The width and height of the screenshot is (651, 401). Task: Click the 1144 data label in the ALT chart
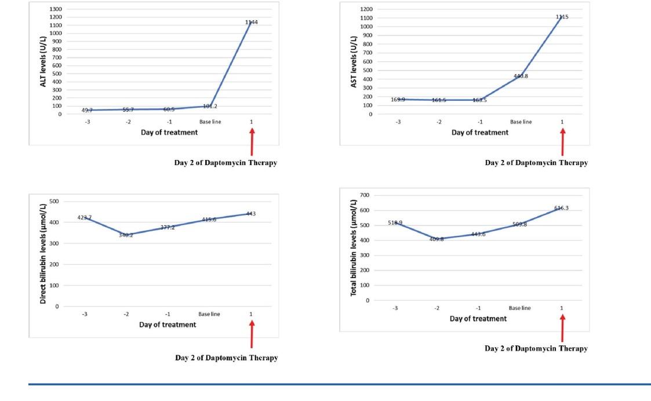[x=252, y=23]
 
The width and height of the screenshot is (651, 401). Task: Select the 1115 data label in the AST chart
[x=562, y=17]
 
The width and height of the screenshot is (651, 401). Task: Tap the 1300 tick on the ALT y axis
[x=56, y=9]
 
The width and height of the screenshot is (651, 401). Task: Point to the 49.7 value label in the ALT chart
[x=88, y=110]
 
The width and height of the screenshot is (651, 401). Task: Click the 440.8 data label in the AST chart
[x=521, y=76]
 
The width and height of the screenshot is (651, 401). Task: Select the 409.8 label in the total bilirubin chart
[x=437, y=239]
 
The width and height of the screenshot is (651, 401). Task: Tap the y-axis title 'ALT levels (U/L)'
[x=43, y=61]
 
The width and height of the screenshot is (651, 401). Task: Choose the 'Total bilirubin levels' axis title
[x=353, y=248]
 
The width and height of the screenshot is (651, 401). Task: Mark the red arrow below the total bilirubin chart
[x=562, y=327]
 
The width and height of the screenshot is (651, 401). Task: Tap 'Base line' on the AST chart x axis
[x=521, y=122]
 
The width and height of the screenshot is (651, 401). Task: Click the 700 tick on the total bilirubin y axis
[x=364, y=195]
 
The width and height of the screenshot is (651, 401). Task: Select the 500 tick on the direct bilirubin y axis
[x=54, y=202]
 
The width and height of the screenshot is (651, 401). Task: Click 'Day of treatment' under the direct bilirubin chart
[x=168, y=325]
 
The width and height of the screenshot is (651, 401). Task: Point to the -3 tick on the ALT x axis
[x=88, y=122]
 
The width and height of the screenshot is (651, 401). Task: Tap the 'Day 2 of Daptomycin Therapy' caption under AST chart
[x=536, y=163]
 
